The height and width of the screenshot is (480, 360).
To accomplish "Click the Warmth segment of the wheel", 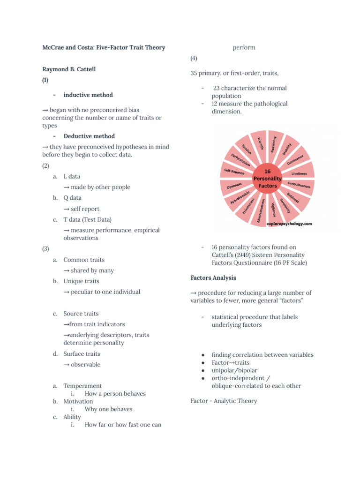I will coord(260,141).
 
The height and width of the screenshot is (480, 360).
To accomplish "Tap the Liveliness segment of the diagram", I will coord(299,173).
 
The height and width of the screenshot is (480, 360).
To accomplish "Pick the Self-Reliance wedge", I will coord(235,172).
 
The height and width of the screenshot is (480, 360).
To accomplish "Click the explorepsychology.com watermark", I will coord(289,224).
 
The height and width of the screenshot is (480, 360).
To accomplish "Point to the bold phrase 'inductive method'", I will coord(88,95).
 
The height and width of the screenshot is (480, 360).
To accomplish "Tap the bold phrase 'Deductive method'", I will coord(89,136).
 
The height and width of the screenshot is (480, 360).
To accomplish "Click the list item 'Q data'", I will coord(72,198).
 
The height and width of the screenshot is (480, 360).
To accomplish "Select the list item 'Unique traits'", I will coord(81,281).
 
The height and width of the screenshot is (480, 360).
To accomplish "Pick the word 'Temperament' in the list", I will coord(82,386).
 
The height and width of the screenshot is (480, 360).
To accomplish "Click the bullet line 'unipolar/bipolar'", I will coord(234,370).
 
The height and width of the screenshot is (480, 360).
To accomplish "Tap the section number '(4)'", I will coord(194,59).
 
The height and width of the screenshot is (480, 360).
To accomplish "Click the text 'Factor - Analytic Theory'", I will coord(224,401).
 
